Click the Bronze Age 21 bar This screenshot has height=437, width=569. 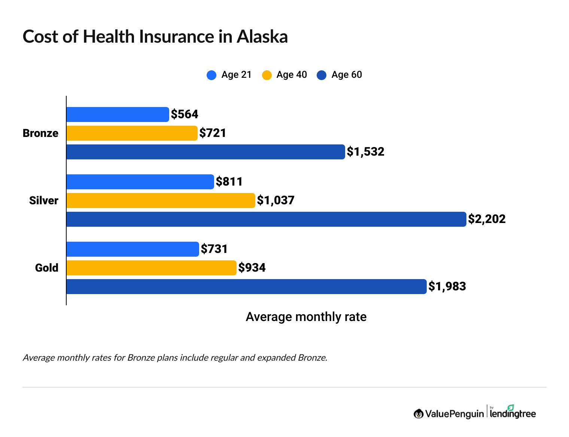(118, 114)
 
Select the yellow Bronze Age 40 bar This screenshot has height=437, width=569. (132, 133)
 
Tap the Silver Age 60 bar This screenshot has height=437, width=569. (266, 219)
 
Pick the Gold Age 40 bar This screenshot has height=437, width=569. (151, 268)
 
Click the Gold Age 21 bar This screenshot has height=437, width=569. (133, 249)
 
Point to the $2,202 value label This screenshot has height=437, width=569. (487, 219)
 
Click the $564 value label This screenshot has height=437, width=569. (185, 114)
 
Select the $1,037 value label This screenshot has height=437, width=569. (276, 201)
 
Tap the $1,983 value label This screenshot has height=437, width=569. (447, 287)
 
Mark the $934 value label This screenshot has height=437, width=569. (252, 268)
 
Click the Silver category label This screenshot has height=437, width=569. (44, 201)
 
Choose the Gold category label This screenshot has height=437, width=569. (47, 268)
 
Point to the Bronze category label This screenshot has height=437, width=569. (40, 133)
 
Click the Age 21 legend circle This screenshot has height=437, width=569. (212, 75)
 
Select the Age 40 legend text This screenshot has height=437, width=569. (292, 75)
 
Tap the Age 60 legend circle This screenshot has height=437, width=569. (322, 75)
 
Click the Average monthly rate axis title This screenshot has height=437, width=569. (306, 317)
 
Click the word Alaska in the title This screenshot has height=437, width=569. (262, 37)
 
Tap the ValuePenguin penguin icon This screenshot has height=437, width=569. (419, 414)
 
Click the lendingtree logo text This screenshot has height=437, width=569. (513, 413)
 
